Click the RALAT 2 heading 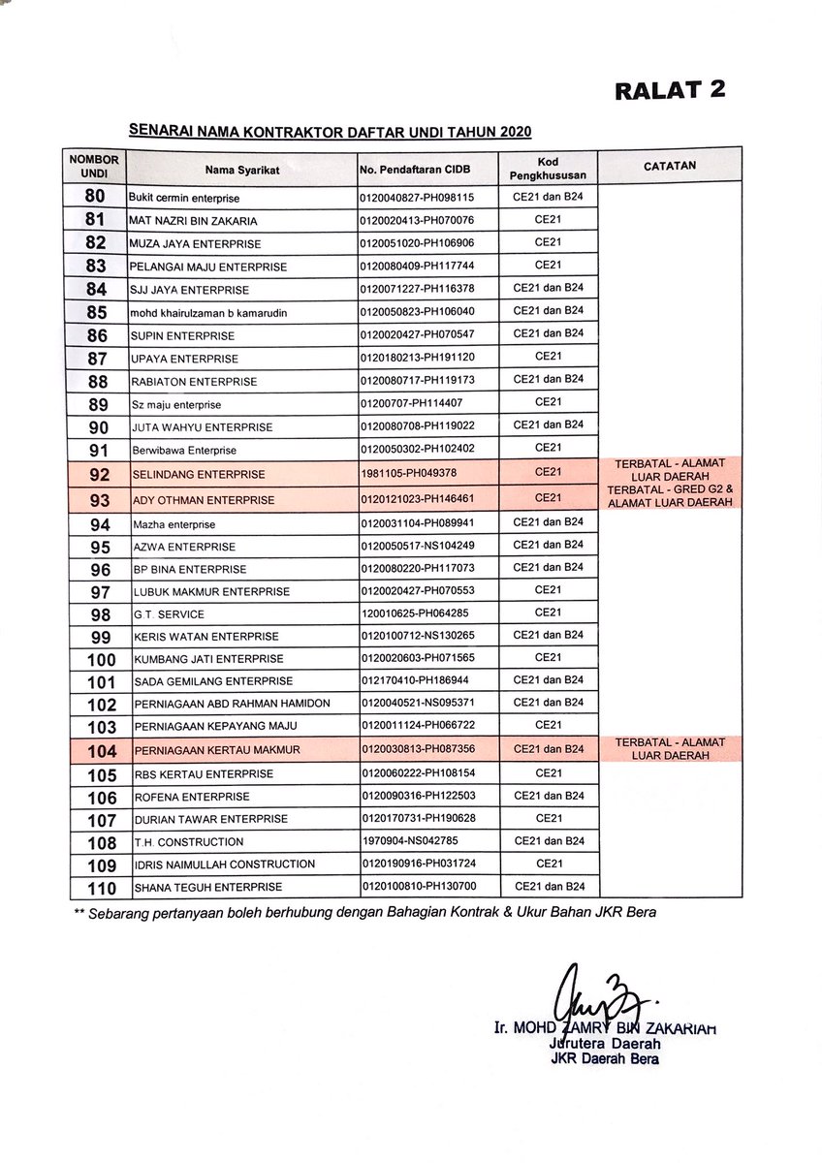point(670,90)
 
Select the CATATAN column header point(669,166)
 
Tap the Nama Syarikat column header point(241,171)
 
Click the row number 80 point(95,196)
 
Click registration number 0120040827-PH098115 point(416,197)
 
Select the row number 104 point(101,750)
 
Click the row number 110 point(101,887)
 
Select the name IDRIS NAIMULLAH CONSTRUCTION point(224,864)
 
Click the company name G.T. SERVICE point(169,614)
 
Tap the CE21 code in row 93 point(548,498)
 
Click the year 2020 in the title point(512,132)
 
